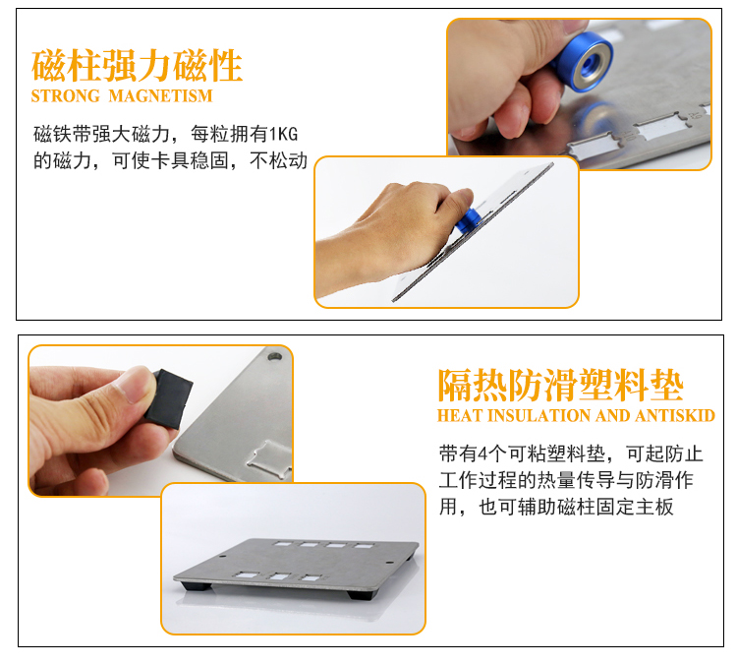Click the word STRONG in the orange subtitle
pos(65,96)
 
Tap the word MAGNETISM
pos(161,96)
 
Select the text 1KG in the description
pos(283,134)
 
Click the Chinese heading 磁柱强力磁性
pos(137,66)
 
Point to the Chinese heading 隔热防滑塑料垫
pos(560,385)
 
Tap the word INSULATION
pos(539,415)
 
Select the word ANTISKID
pos(675,415)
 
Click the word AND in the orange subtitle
pos(613,415)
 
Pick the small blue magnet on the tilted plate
pos(467,220)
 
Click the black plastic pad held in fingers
pos(169,398)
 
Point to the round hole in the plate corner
pos(274,356)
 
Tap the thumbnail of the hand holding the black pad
pos(161,420)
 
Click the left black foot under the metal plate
pos(197,586)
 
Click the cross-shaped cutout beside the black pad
pos(269,459)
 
